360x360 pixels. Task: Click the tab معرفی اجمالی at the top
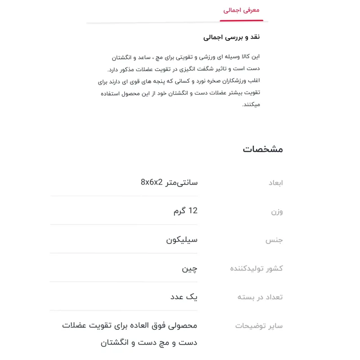[241, 10]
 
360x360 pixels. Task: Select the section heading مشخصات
[263, 149]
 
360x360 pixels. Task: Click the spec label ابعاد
[275, 183]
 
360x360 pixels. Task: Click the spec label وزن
[277, 211]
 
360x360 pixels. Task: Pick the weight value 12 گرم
[185, 211]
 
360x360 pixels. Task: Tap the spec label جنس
[274, 240]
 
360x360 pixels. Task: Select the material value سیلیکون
[182, 239]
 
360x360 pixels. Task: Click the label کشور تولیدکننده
[256, 268]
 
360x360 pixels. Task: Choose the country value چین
[189, 269]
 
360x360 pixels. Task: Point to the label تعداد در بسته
[260, 297]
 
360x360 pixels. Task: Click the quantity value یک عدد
[184, 297]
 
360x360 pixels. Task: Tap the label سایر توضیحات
[259, 326]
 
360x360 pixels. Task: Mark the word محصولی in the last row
[182, 325]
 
